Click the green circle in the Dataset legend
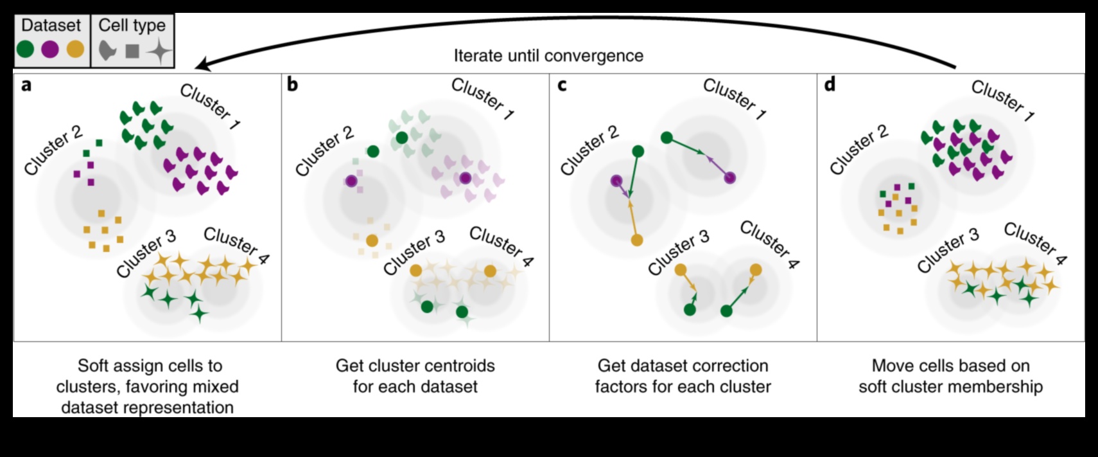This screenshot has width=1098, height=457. click(26, 49)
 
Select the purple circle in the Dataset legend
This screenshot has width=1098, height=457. click(50, 49)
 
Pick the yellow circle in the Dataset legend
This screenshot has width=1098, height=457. click(75, 49)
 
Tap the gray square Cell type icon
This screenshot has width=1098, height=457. click(132, 51)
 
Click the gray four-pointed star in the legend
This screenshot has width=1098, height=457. click(159, 51)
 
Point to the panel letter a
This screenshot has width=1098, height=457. click(26, 85)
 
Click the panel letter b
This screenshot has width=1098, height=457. click(293, 84)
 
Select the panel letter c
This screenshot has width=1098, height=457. click(562, 85)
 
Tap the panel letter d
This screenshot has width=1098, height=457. click(830, 84)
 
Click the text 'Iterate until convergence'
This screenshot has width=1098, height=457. click(548, 56)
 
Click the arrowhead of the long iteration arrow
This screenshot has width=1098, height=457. click(202, 64)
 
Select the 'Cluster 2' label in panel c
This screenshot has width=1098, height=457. click(589, 150)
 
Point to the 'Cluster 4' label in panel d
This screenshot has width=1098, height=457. click(1035, 243)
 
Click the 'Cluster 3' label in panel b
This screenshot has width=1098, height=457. click(414, 252)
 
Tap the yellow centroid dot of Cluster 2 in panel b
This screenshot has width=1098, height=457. click(372, 240)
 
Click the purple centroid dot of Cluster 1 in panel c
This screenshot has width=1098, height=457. click(729, 178)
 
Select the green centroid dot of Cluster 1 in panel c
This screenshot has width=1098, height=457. click(667, 137)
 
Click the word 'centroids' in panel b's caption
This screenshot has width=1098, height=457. click(457, 366)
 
